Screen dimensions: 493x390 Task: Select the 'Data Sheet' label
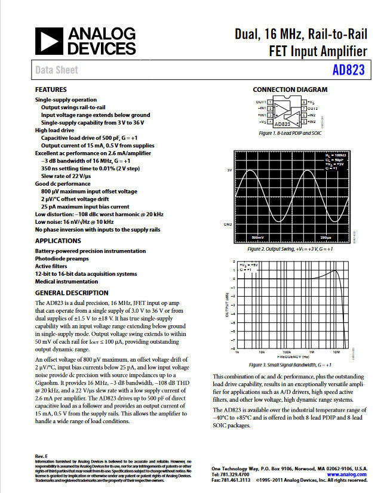pos(57,70)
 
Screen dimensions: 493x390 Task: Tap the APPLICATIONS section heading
pos(58,241)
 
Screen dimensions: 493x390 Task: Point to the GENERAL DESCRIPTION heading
pos(72,293)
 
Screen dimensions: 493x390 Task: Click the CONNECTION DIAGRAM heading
pos(290,90)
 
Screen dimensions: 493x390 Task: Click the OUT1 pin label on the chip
pos(260,102)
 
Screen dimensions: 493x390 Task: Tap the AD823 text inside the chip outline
pos(287,124)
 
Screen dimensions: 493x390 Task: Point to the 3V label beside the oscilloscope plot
pos(229,171)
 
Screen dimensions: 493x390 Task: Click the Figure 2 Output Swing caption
pos(290,248)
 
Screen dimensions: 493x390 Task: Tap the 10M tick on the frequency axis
pos(336,352)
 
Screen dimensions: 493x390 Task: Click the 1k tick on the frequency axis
pos(238,352)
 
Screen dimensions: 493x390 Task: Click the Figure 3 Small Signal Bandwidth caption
pos(290,365)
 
